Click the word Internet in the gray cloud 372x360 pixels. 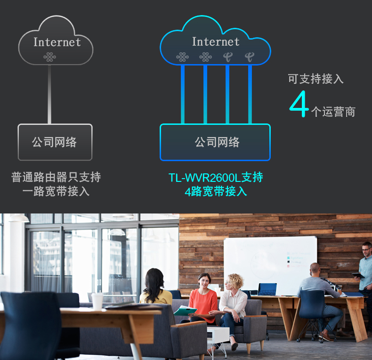point(57,42)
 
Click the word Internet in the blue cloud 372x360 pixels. point(216,41)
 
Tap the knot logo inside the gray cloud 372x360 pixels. point(49,57)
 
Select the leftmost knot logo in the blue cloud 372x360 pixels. point(182,57)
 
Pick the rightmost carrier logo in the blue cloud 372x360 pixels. point(250,57)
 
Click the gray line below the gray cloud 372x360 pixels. point(49,94)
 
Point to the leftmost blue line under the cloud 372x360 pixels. point(183,94)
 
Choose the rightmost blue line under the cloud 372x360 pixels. point(250,94)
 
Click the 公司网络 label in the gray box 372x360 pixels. point(54,142)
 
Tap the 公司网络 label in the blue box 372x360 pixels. point(217,142)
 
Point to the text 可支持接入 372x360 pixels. point(316,79)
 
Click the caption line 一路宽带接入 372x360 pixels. point(56,191)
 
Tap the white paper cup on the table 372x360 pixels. point(97,301)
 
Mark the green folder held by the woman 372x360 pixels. point(185,311)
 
